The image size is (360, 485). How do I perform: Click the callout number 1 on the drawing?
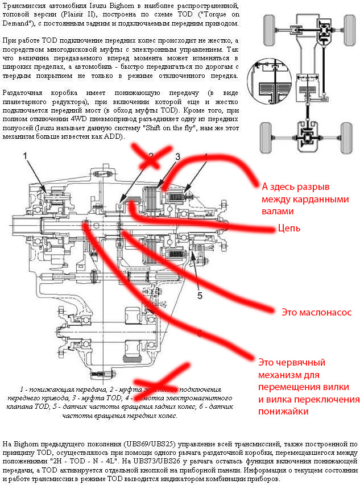click(25, 155)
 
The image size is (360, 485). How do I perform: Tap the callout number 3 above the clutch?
click(177, 157)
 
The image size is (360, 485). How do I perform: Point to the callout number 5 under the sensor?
click(200, 295)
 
